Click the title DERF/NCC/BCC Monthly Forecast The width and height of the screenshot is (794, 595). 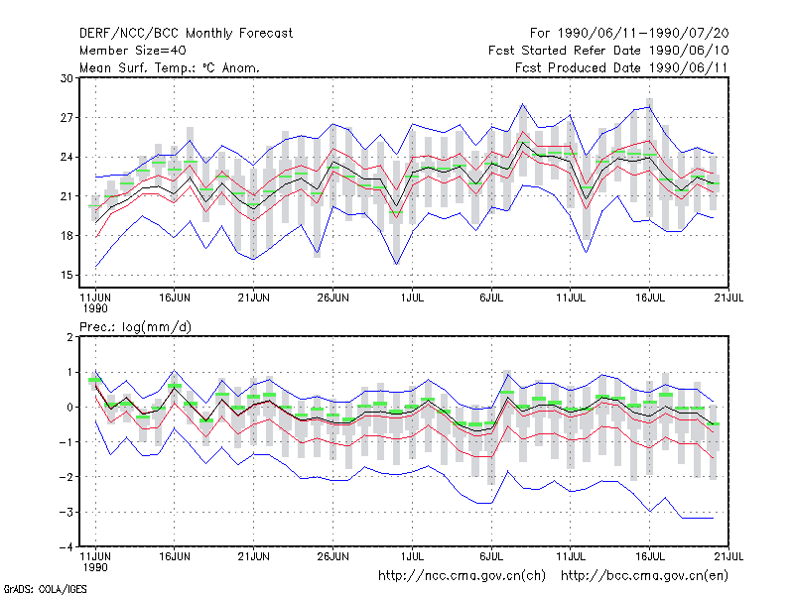[x=186, y=34]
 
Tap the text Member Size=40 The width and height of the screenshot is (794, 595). [x=133, y=51]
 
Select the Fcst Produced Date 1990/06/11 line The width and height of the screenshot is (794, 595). [x=621, y=67]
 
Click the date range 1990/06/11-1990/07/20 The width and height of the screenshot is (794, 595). [x=643, y=34]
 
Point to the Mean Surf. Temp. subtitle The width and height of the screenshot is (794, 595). [x=170, y=67]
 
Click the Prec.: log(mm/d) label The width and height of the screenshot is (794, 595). [x=135, y=327]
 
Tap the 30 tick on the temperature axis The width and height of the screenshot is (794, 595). [x=66, y=78]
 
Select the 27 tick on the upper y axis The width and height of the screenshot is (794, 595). [x=66, y=118]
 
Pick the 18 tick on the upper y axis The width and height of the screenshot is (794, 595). [x=66, y=236]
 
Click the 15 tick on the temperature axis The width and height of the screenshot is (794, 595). [x=66, y=276]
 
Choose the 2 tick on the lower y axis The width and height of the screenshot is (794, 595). [x=69, y=337]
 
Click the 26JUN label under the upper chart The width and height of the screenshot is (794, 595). [x=332, y=298]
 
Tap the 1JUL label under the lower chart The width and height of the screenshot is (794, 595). [x=412, y=556]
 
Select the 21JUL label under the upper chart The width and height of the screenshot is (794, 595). [x=728, y=298]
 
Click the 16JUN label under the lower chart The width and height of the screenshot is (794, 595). [x=175, y=556]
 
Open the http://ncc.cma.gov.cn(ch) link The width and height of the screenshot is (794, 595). [x=462, y=576]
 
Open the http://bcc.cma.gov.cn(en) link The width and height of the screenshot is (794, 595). [x=644, y=576]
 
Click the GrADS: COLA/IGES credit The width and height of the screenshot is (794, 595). [x=45, y=589]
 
